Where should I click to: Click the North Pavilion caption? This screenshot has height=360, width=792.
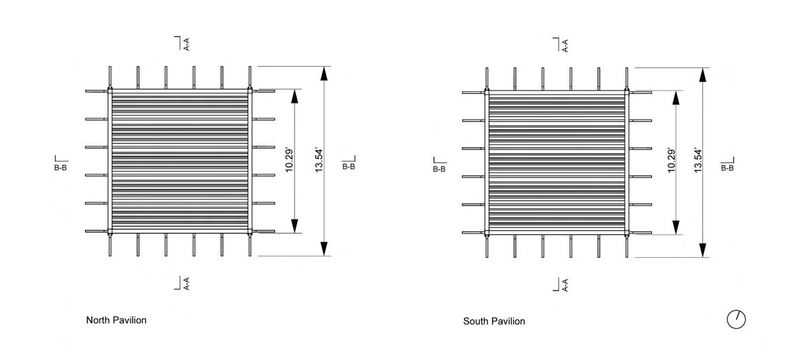[116, 320]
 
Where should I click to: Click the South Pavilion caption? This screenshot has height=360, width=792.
[494, 321]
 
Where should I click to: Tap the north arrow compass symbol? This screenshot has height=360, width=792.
[736, 319]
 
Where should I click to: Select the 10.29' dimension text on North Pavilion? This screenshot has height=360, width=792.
[289, 161]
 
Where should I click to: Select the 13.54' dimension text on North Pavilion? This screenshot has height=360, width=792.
[318, 161]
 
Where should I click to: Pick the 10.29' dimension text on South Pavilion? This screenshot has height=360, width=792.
[671, 161]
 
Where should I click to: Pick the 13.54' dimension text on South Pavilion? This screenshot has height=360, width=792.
[697, 161]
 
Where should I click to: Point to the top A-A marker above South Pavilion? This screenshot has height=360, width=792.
[562, 45]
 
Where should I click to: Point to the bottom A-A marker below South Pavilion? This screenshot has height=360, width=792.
[562, 285]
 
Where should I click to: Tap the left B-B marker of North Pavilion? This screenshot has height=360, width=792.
[61, 164]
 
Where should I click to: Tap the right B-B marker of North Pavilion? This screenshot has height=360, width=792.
[348, 163]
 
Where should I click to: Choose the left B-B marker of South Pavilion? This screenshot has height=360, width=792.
[439, 165]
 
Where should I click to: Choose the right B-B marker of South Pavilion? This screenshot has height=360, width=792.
[727, 165]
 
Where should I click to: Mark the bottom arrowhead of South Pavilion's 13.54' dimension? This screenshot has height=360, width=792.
[703, 251]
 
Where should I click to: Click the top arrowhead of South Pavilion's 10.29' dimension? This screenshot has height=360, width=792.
[676, 97]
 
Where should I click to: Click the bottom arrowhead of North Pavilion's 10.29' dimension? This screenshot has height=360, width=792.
[295, 226]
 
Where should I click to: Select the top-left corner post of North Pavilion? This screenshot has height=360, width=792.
[110, 89]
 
